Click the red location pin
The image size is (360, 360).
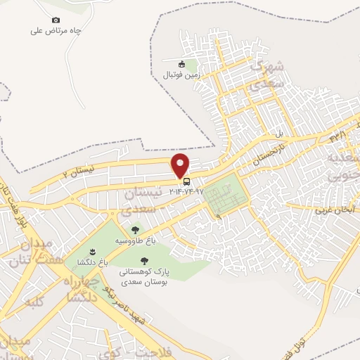tap(181, 165)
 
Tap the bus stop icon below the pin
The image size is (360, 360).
tap(186, 181)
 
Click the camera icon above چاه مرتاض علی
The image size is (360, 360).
tap(56, 20)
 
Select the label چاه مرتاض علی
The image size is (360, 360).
tap(56, 31)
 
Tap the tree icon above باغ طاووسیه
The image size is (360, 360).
tap(134, 229)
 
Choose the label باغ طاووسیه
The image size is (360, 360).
tap(134, 240)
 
